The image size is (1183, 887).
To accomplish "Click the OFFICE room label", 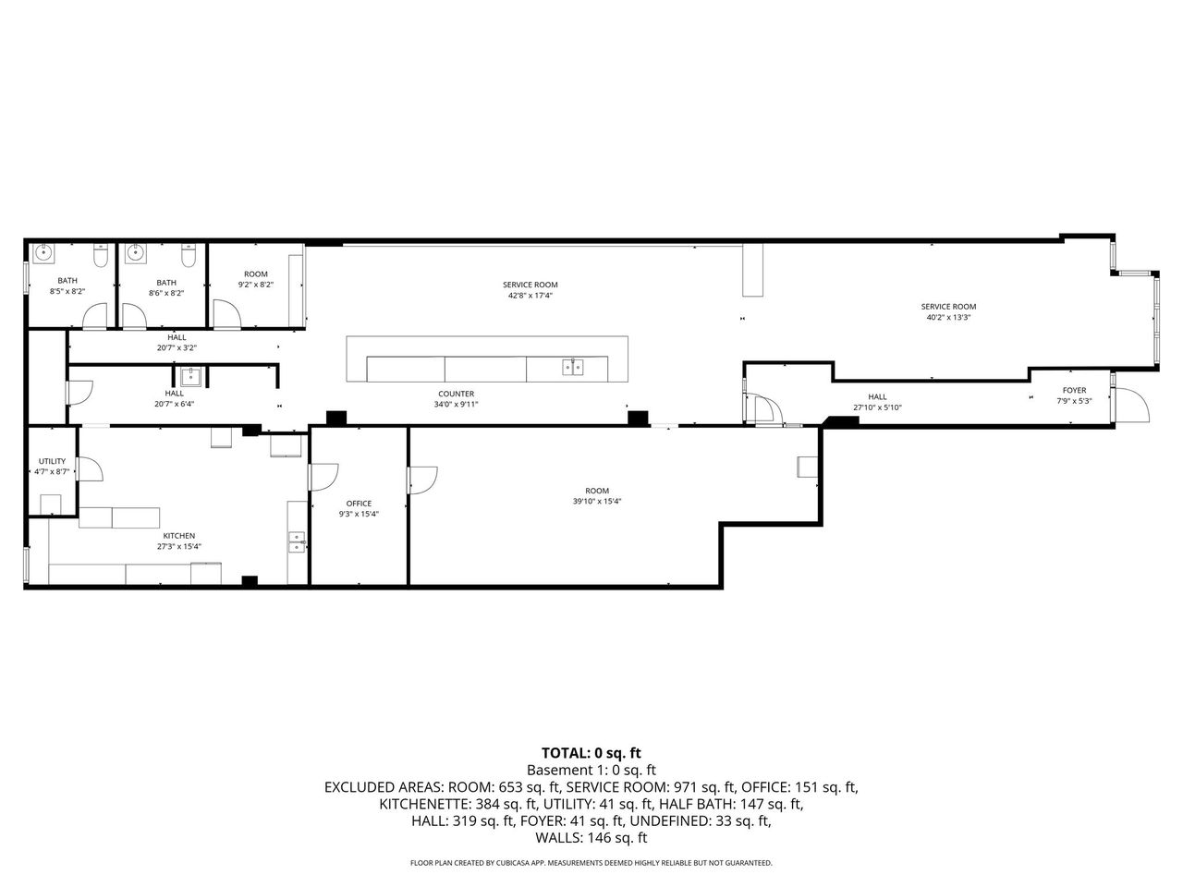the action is tap(359, 504).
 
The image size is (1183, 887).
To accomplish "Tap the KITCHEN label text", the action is tap(179, 536).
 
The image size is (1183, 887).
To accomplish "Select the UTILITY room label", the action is tap(52, 461).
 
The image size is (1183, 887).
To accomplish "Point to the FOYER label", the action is tap(1074, 391).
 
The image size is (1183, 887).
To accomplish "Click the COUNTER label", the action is tap(456, 394).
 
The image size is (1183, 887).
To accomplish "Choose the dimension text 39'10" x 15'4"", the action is tap(597, 501).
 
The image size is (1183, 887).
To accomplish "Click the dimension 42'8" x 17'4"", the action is tap(531, 295).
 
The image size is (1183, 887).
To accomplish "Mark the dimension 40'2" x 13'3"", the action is tap(948, 317).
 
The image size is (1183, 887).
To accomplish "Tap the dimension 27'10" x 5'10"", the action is tap(877, 407).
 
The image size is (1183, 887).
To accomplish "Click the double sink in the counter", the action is tap(572, 368).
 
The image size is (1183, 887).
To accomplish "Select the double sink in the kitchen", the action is tap(297, 541).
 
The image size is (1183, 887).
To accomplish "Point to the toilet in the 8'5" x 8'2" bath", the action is tap(101, 255).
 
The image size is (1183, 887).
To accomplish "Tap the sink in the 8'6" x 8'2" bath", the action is tap(135, 253).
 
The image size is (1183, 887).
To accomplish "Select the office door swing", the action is tap(324, 477).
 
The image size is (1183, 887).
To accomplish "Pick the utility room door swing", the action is tap(91, 468).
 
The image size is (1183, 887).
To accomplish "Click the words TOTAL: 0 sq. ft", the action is tap(591, 753).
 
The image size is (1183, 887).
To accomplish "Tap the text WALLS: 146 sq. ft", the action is tap(591, 837).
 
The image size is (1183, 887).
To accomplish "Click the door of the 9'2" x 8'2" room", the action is tap(227, 313).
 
